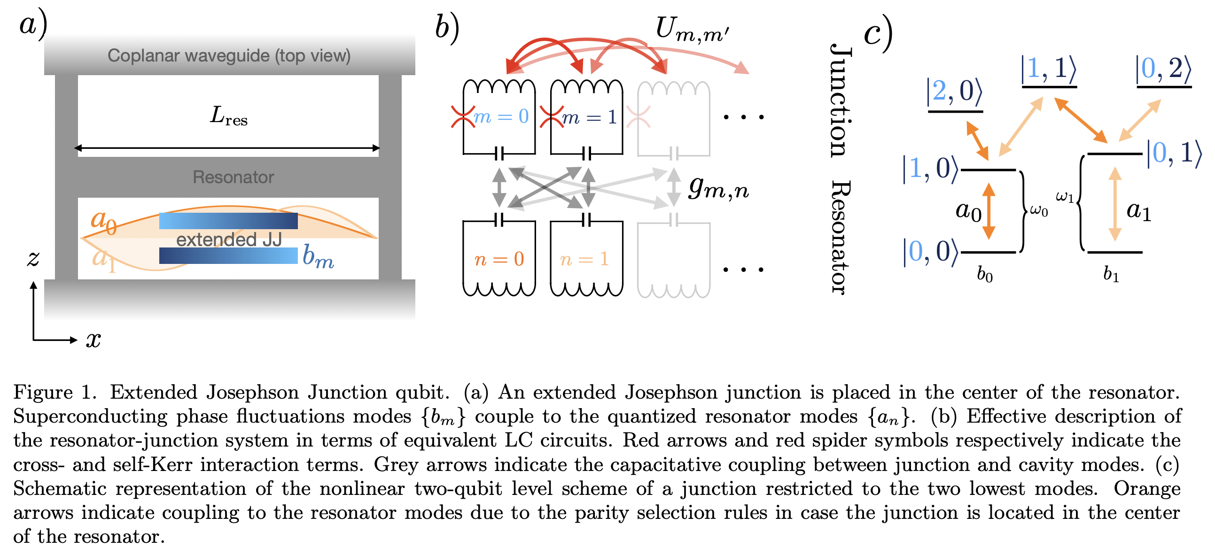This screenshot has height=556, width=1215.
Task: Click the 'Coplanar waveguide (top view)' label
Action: coord(229,56)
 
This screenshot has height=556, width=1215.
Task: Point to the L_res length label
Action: coord(228,116)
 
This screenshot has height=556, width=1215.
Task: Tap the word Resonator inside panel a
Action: coord(233,177)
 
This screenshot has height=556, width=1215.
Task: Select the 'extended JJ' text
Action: coord(229,239)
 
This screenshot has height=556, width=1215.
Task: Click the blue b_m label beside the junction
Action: coord(318,256)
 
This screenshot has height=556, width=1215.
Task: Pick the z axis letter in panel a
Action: coord(33,258)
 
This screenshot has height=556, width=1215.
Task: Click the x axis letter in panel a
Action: coord(93,339)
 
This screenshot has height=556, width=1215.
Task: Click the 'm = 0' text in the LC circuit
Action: coord(500,116)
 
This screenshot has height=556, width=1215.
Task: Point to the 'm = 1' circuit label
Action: coord(589,117)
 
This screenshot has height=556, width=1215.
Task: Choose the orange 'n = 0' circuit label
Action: coord(499,259)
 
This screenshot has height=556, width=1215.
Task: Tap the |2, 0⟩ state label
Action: coord(954,92)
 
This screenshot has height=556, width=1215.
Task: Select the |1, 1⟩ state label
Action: coord(1048,69)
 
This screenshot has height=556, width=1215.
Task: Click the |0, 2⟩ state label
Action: coord(1163,69)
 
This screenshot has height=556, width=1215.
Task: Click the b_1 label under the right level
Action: coord(1111,273)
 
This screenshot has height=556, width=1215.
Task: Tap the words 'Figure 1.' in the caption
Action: coord(55,393)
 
